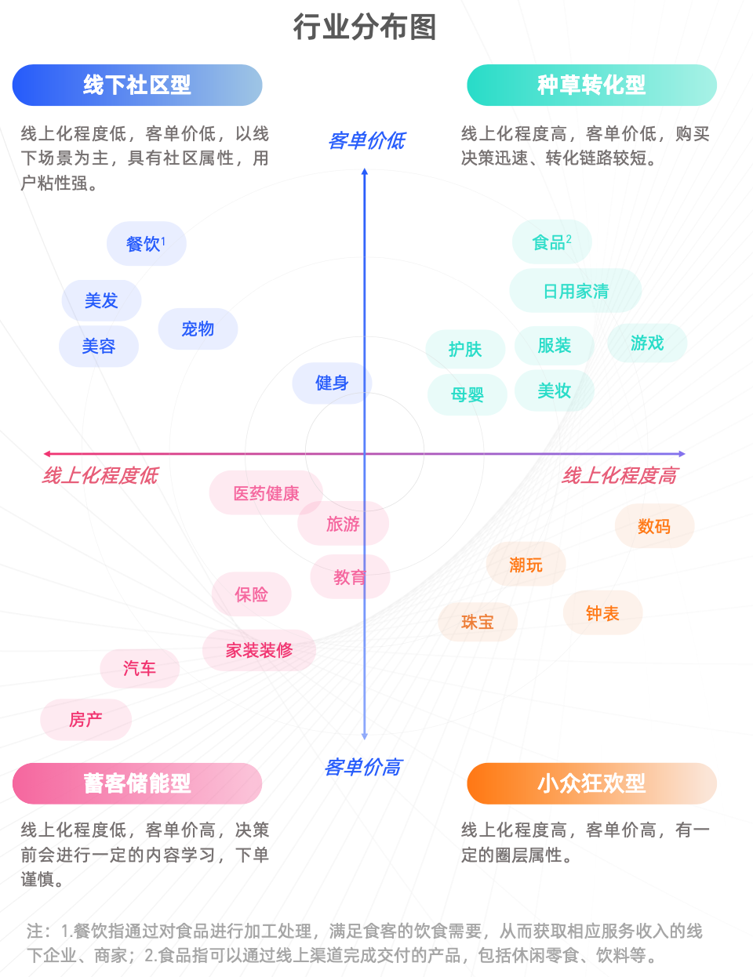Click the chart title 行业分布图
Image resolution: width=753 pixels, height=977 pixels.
pyautogui.click(x=365, y=27)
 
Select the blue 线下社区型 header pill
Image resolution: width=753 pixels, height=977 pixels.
pyautogui.click(x=137, y=85)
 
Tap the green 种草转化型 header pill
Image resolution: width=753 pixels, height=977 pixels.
pyautogui.click(x=591, y=85)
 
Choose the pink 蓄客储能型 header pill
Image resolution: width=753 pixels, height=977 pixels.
pyautogui.click(x=137, y=783)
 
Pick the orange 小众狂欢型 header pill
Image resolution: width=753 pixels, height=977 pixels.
pyautogui.click(x=591, y=783)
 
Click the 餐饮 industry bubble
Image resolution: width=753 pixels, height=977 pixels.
pyautogui.click(x=147, y=244)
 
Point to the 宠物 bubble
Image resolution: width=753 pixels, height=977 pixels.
pyautogui.click(x=198, y=329)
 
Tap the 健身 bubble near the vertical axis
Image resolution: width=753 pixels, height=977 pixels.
pyautogui.click(x=332, y=383)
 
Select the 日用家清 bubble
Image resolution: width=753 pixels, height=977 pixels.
pyautogui.click(x=576, y=291)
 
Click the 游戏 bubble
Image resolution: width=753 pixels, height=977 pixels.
pyautogui.click(x=647, y=343)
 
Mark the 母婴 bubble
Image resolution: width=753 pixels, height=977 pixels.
pyautogui.click(x=467, y=394)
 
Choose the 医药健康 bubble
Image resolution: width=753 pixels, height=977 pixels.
pyautogui.click(x=266, y=492)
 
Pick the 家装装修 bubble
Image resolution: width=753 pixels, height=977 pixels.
pyautogui.click(x=259, y=650)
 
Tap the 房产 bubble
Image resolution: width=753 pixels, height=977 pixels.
pyautogui.click(x=85, y=719)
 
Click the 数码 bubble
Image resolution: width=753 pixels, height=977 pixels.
pyautogui.click(x=654, y=525)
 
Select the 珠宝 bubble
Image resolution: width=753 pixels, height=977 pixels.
pyautogui.click(x=478, y=622)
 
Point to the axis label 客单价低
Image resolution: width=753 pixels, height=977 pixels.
pyautogui.click(x=366, y=140)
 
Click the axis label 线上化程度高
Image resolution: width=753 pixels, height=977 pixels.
pyautogui.click(x=620, y=476)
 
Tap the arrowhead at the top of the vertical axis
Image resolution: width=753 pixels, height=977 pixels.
pyautogui.click(x=365, y=172)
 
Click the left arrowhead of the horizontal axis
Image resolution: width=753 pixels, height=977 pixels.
pyautogui.click(x=46, y=454)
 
